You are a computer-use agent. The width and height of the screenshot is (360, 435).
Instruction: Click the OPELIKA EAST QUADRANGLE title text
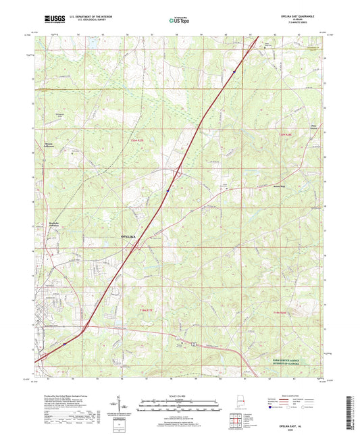305,14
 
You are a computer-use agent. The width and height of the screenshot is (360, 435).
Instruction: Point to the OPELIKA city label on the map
132,237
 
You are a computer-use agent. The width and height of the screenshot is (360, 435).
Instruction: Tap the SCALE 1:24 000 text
180,395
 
